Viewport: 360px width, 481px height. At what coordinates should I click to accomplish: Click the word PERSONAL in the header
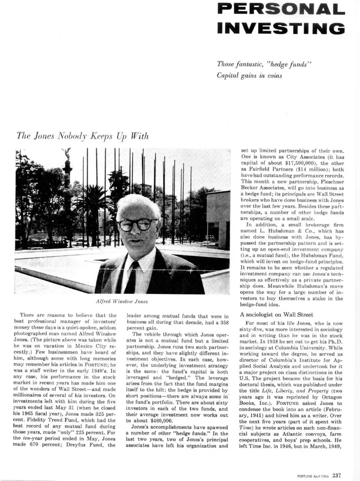point(280,9)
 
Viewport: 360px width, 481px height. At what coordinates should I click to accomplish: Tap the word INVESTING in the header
point(280,27)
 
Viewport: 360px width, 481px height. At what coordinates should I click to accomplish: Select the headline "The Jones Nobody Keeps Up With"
point(83,136)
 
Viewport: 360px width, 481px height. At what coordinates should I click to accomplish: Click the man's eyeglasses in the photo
point(136,225)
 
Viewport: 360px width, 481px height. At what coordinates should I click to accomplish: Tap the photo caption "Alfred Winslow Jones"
point(122,301)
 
